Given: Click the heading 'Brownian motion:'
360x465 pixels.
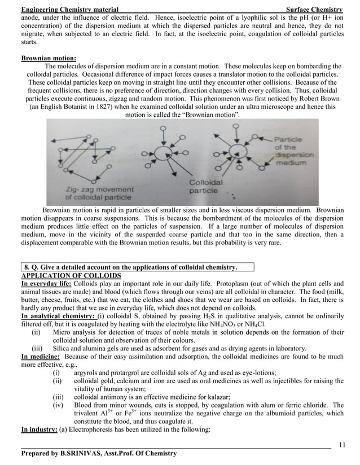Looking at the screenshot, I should coord(49,58).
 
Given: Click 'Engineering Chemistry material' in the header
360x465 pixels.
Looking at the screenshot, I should coord(69,10).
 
